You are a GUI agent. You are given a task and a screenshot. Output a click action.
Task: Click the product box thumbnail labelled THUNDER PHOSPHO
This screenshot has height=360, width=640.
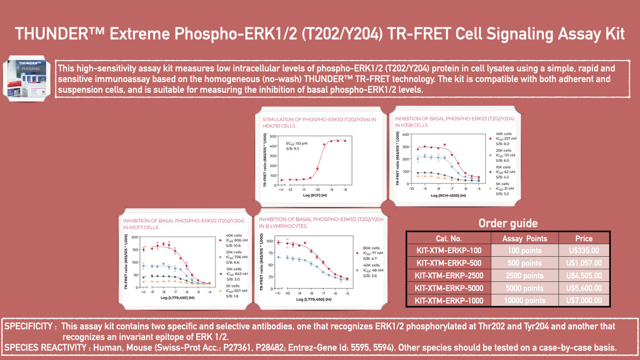pos(28,79)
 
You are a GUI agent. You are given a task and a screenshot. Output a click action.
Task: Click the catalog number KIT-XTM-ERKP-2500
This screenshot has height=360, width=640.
pos(449,276)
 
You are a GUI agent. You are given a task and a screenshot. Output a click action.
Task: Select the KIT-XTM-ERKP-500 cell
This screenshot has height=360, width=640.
pos(449,263)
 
